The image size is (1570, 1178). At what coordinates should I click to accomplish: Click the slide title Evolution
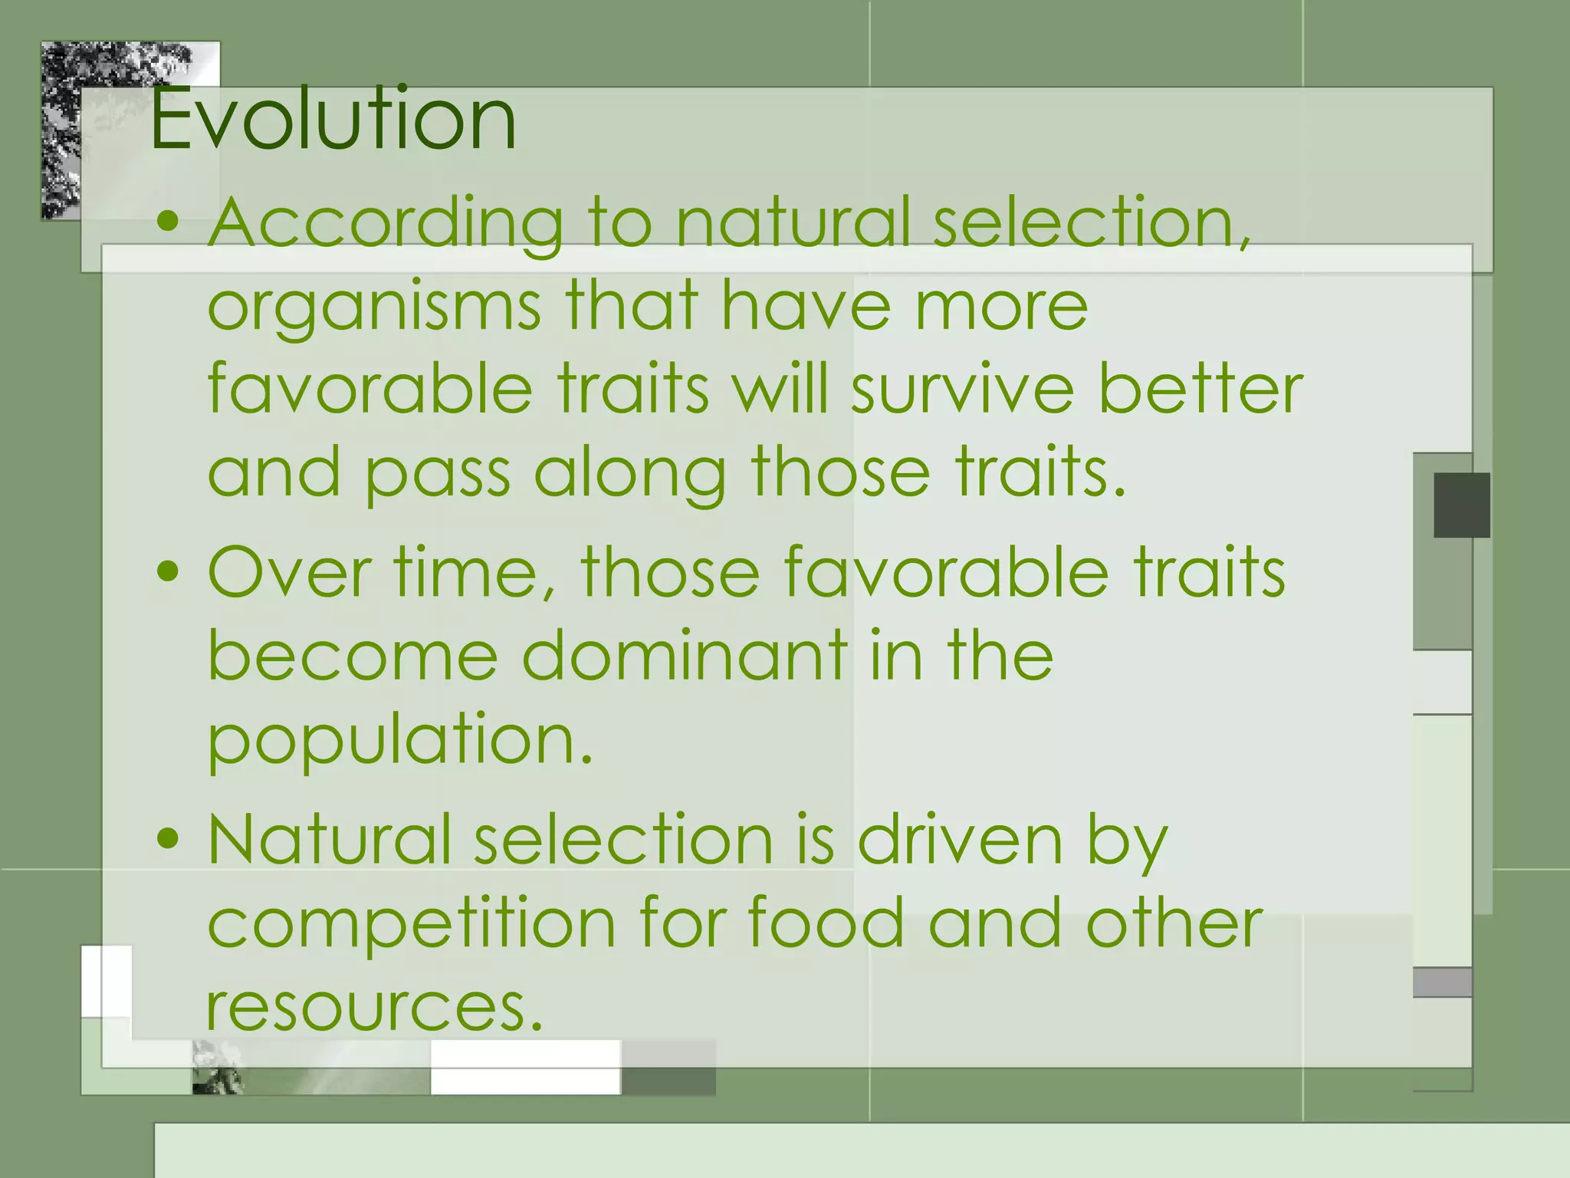(x=333, y=119)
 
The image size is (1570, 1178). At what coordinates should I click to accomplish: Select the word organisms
(x=374, y=307)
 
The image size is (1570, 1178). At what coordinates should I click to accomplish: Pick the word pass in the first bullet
(x=437, y=474)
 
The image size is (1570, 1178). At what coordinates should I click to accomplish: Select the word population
(x=399, y=739)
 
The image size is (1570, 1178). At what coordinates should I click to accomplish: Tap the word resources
(x=374, y=1006)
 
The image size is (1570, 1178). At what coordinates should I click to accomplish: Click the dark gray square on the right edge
(x=1461, y=505)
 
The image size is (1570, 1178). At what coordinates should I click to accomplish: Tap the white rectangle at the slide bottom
(x=525, y=1068)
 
